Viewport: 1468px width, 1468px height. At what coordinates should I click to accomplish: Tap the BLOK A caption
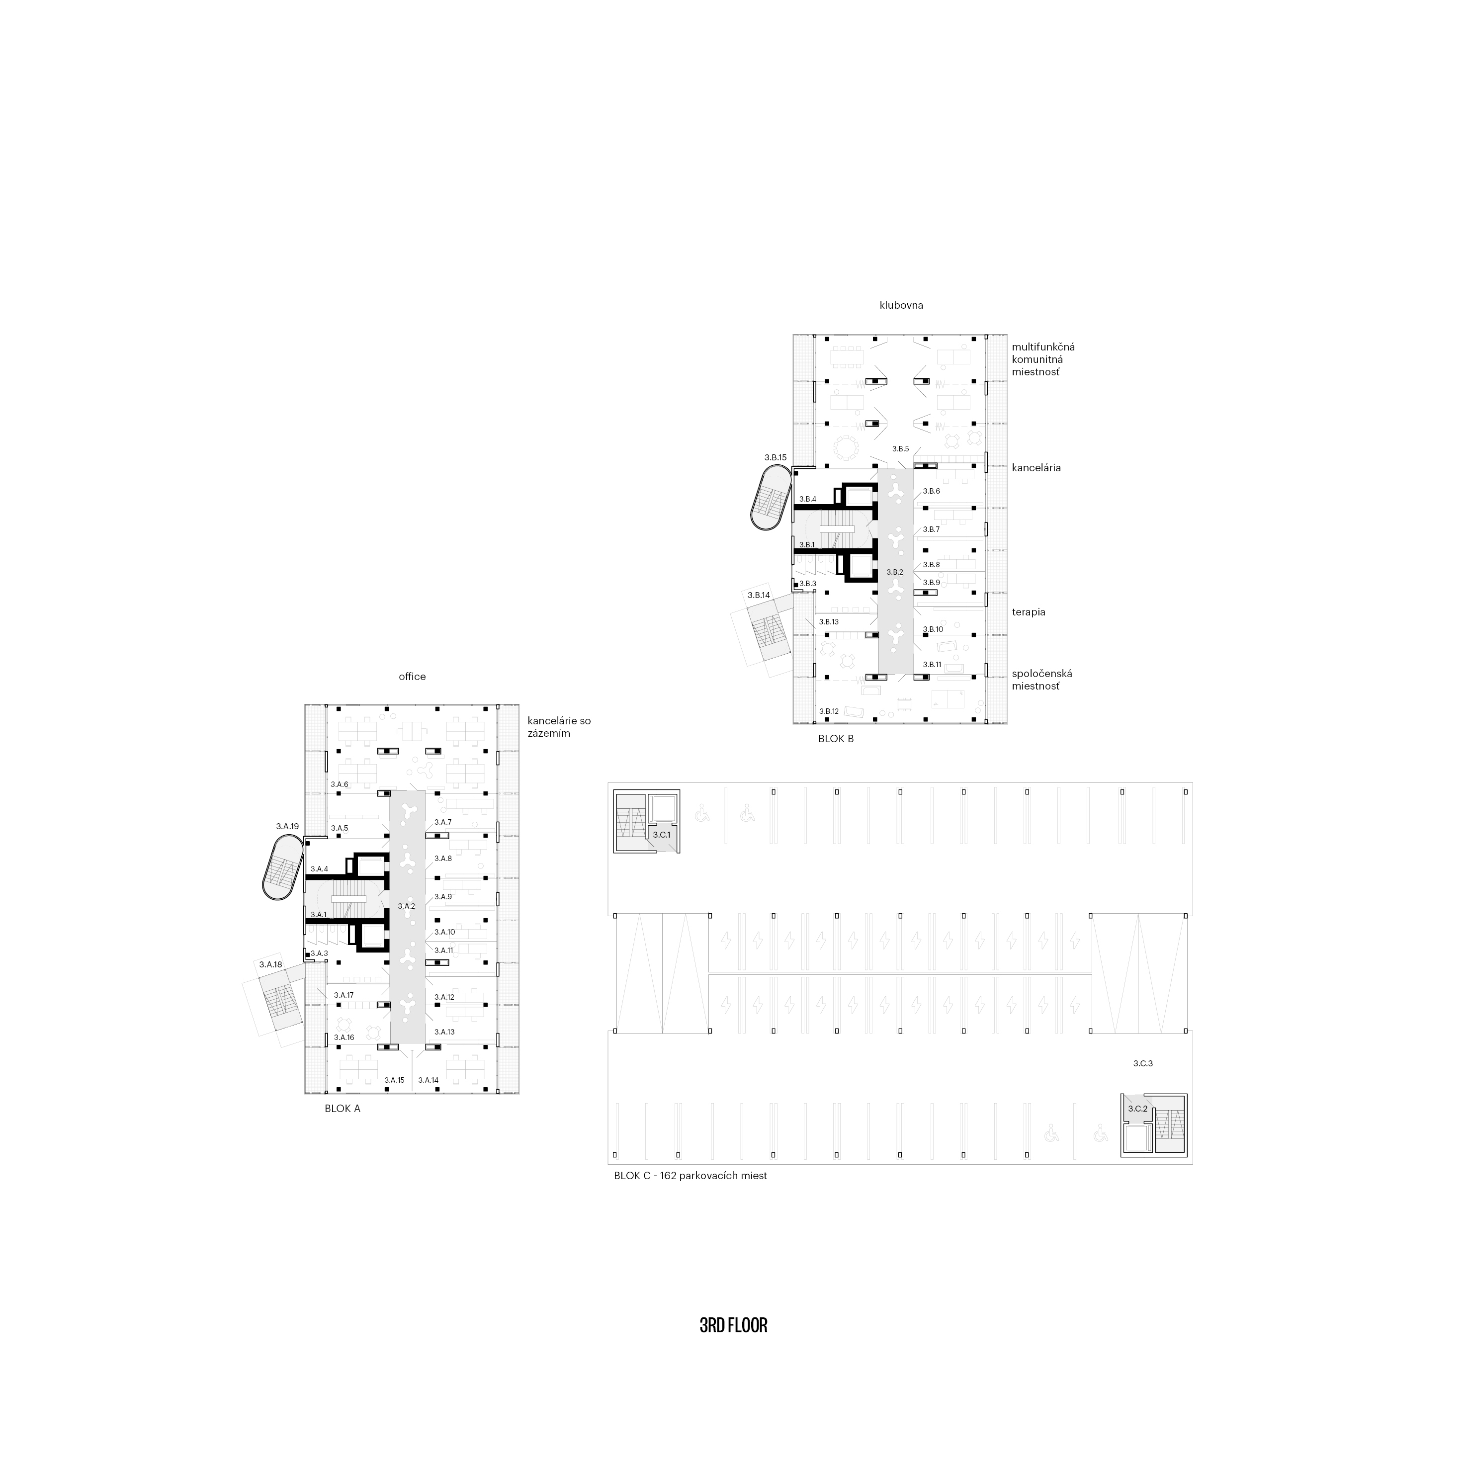(x=343, y=1109)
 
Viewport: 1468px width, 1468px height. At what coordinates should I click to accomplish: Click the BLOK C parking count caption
(x=691, y=1176)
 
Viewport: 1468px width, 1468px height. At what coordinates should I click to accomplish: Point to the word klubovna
(x=901, y=305)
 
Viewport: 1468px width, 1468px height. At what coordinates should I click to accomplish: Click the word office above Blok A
(x=413, y=676)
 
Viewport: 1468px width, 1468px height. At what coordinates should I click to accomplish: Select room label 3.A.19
(x=287, y=826)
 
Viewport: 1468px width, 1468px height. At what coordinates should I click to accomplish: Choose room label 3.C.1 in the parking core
(x=662, y=834)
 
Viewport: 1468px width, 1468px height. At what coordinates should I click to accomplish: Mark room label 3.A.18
(x=270, y=964)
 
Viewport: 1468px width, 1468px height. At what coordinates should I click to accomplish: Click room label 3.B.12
(x=829, y=711)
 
